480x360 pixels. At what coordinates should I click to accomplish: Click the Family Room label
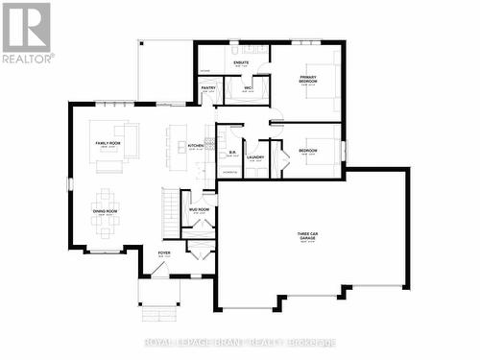pos(108,143)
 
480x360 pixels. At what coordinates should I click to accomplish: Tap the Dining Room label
pos(105,209)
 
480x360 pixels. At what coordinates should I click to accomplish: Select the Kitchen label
pos(196,146)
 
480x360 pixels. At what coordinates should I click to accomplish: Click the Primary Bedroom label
pos(308,78)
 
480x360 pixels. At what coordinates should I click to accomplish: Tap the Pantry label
pos(208,88)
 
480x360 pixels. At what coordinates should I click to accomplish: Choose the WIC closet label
pos(247,88)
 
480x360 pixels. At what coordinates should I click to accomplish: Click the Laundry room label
pos(254,157)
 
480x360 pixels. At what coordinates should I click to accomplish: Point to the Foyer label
pos(164,254)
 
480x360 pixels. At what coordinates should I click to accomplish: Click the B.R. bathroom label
pos(232,152)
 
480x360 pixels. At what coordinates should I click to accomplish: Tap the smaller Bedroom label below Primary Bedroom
pos(307,152)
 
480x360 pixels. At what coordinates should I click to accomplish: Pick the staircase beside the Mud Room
pos(171,211)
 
